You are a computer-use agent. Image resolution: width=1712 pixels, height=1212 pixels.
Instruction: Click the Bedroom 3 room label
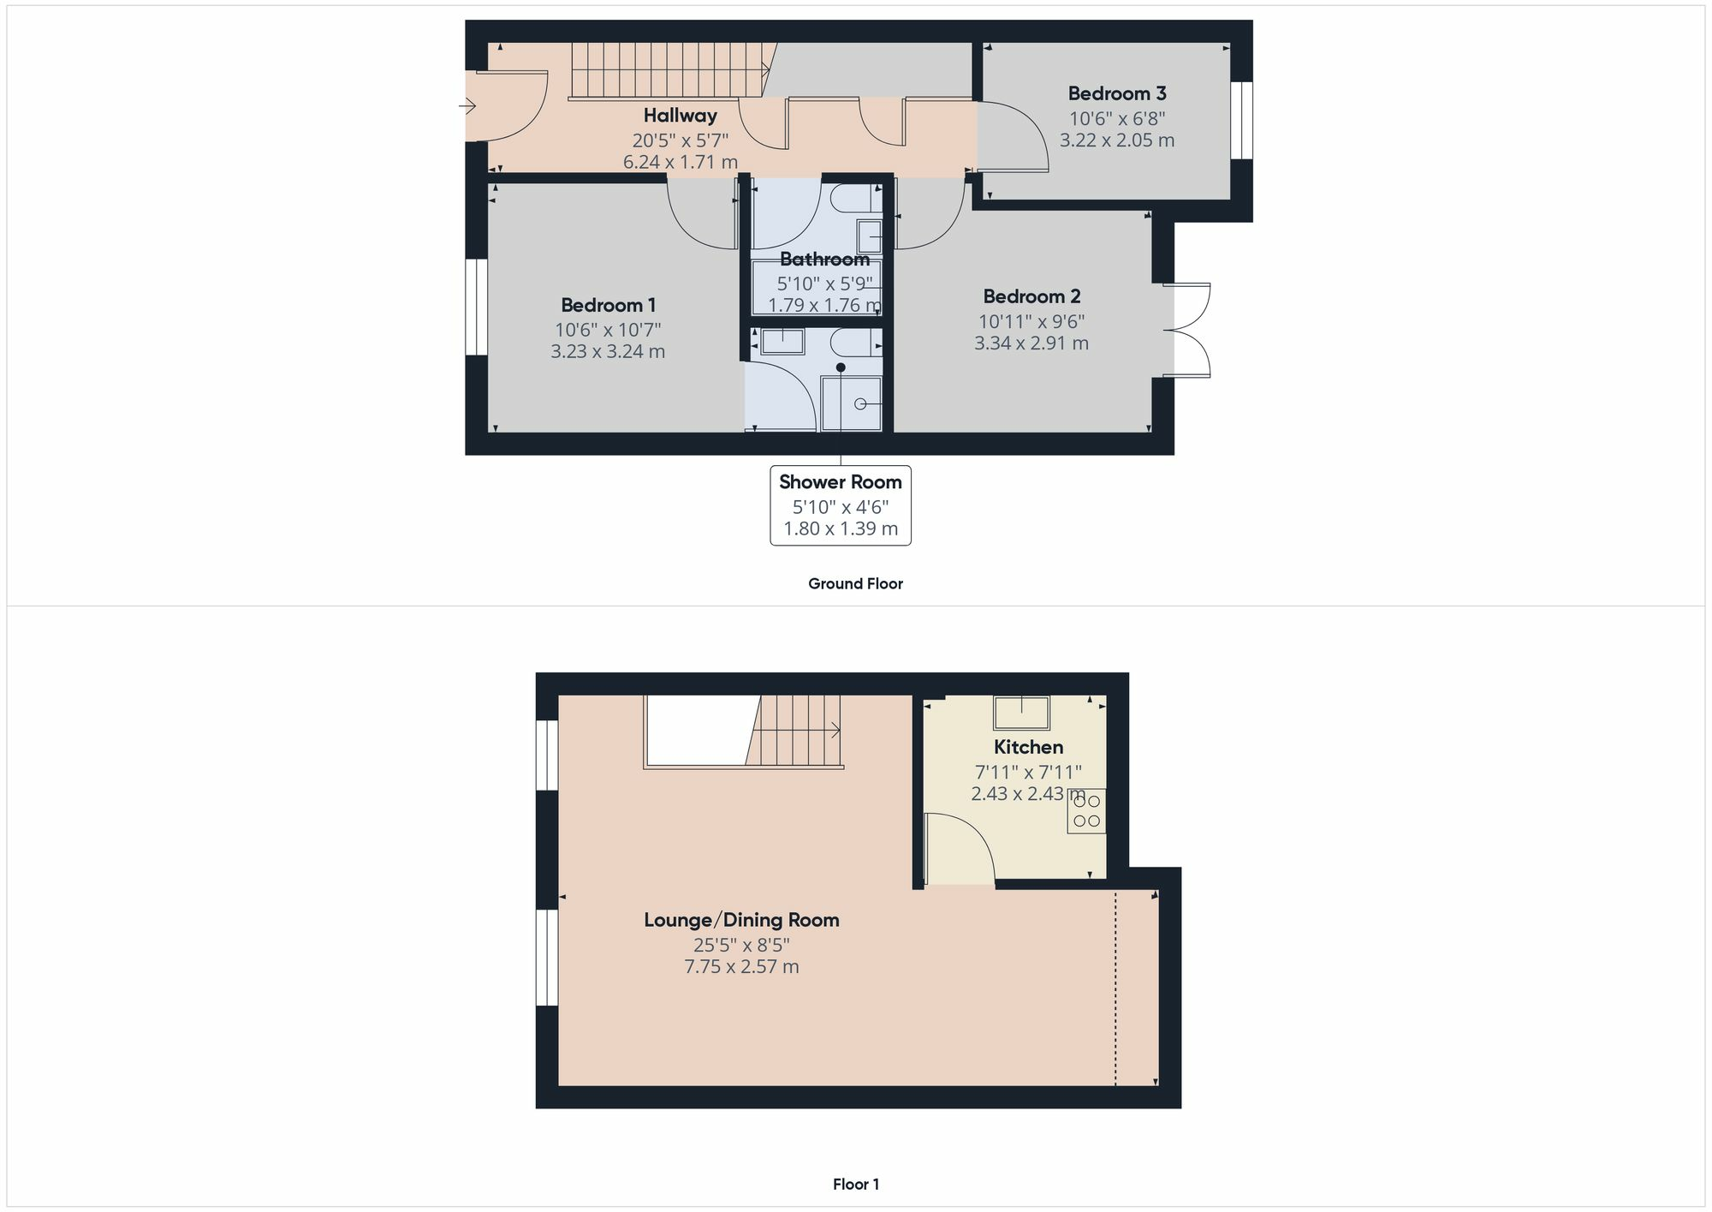(x=1116, y=93)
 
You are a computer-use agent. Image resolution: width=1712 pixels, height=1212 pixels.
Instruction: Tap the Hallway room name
(x=680, y=116)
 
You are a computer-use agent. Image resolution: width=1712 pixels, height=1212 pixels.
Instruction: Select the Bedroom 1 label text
(x=608, y=305)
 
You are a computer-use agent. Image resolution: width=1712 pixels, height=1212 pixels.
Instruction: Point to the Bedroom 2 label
(x=1031, y=296)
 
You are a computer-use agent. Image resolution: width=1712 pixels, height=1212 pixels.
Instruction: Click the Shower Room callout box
(x=841, y=505)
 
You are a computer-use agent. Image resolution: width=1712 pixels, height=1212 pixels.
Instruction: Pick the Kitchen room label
(x=1028, y=747)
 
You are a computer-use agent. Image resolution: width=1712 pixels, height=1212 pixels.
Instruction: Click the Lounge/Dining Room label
(x=741, y=920)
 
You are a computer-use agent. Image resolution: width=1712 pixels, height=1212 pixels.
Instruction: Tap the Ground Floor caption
(x=856, y=584)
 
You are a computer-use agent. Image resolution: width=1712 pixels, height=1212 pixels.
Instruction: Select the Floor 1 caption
(x=856, y=1185)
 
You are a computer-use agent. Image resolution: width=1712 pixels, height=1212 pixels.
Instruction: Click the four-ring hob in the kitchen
(x=1086, y=811)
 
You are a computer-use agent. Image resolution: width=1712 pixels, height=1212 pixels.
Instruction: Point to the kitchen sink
(x=1021, y=713)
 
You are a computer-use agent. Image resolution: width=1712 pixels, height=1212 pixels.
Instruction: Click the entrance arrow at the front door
(x=467, y=106)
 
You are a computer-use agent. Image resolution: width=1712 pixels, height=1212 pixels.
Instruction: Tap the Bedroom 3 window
(x=1241, y=121)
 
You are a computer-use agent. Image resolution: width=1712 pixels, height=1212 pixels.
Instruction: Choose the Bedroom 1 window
(x=476, y=307)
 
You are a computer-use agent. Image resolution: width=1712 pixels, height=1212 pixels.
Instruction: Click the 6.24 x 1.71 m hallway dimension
(x=680, y=162)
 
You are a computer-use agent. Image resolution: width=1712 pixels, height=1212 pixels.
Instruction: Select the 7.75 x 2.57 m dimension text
(x=741, y=967)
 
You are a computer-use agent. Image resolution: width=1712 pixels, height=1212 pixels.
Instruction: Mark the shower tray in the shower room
(x=852, y=403)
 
